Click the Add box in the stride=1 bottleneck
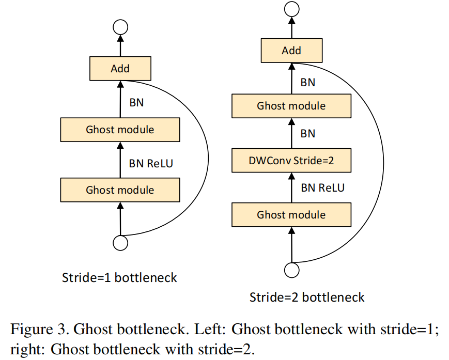(120, 69)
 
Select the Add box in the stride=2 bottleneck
(291, 51)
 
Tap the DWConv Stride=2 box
(291, 161)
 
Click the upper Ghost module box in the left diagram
(120, 129)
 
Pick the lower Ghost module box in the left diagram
(120, 190)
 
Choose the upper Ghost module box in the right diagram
(291, 106)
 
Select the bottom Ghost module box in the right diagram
(291, 215)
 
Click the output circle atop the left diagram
(120, 28)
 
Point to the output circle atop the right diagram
(292, 9)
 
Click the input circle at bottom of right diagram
(292, 270)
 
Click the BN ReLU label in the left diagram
(151, 163)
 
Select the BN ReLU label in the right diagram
(322, 187)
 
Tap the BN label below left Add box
(136, 102)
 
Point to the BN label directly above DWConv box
(307, 134)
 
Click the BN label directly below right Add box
(307, 83)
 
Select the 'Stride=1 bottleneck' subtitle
(119, 278)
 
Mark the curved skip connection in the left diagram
(208, 155)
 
